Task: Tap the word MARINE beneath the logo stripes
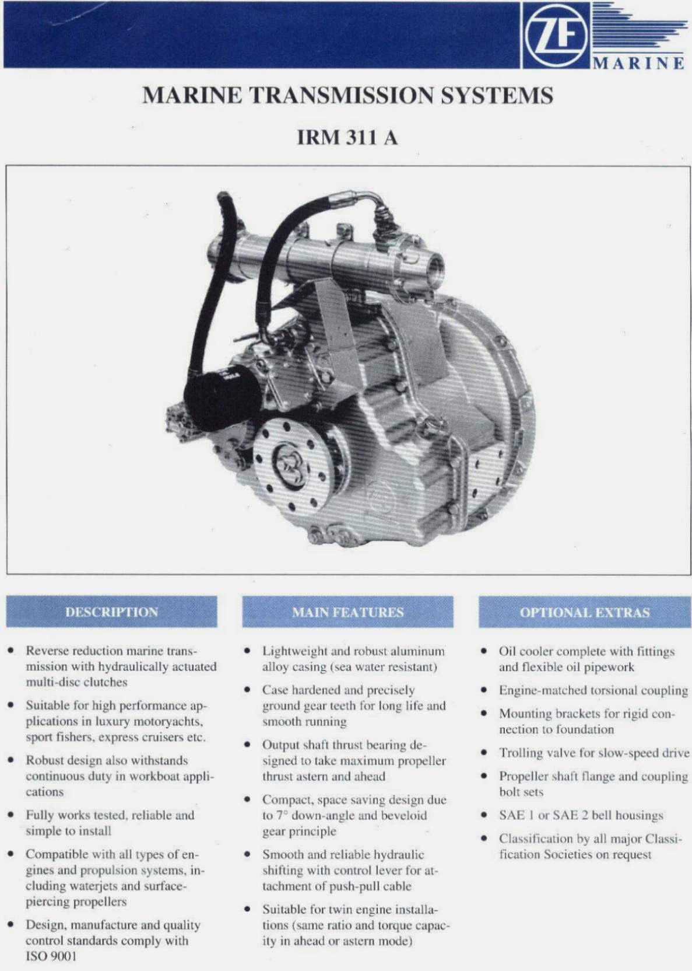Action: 640,64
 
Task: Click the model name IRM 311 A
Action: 347,138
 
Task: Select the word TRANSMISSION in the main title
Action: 345,95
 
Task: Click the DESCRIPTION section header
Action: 111,612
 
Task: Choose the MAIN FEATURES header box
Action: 347,612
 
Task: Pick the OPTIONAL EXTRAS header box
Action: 585,612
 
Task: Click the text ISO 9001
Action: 51,956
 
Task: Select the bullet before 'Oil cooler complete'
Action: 484,651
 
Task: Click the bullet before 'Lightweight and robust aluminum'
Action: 247,651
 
